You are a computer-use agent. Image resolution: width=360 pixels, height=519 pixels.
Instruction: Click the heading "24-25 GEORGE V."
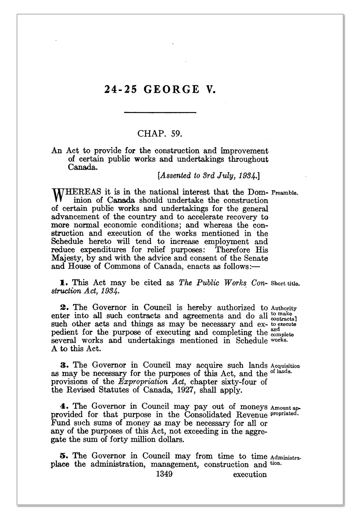click(x=160, y=90)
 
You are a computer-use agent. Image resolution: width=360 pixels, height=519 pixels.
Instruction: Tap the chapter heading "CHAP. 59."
click(x=160, y=133)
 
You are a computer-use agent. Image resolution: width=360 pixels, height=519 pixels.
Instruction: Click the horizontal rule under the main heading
click(x=160, y=113)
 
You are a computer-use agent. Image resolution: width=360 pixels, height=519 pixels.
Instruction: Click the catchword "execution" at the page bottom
click(x=250, y=475)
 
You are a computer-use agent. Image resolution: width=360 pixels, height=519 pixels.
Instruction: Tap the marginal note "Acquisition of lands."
click(x=285, y=369)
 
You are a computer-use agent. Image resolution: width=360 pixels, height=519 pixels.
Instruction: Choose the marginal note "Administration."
click(x=286, y=461)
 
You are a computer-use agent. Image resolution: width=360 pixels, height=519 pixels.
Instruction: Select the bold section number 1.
click(x=62, y=283)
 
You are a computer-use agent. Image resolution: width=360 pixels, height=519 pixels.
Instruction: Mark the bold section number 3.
click(x=63, y=365)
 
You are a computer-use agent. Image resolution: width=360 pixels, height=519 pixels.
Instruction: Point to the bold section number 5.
click(x=63, y=456)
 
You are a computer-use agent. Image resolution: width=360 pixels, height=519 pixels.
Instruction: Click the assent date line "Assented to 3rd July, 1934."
click(x=208, y=176)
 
